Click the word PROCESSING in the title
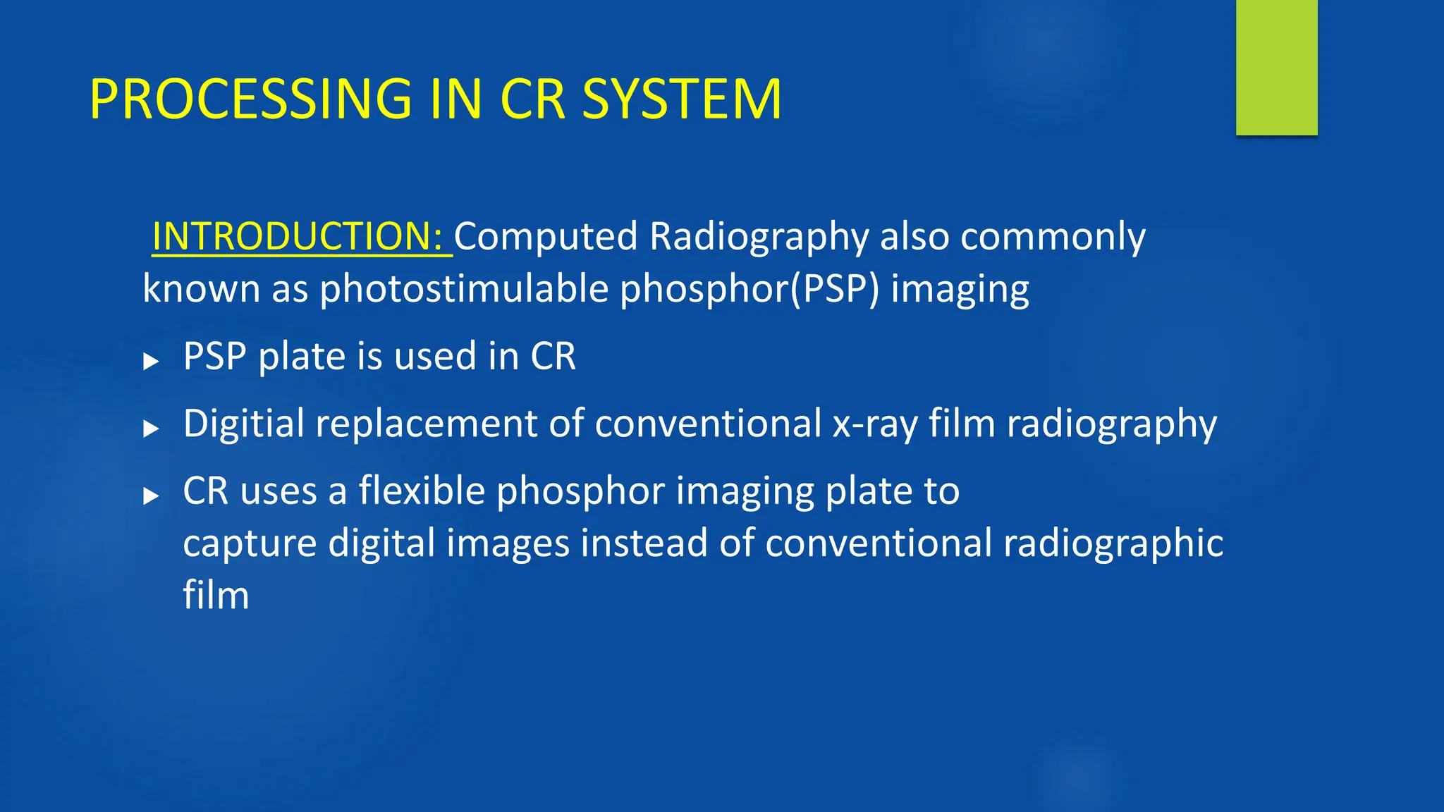[x=250, y=99]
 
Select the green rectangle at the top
[x=1276, y=67]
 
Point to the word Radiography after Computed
[x=759, y=238]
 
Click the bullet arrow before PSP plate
[x=150, y=362]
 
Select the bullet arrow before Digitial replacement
[x=150, y=429]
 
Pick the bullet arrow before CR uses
[x=150, y=496]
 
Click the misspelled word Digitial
[x=243, y=424]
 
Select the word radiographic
[x=1113, y=544]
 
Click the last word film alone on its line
[x=216, y=595]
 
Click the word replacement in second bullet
[x=427, y=424]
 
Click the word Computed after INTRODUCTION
[x=545, y=238]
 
